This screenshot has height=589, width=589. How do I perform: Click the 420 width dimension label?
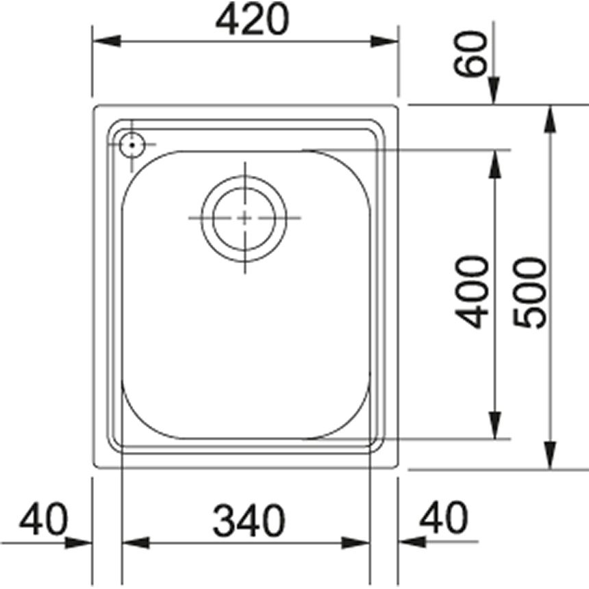pos(252,20)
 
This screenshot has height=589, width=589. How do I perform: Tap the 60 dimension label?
pos(470,54)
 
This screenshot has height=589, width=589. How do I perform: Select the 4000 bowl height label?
pos(472,292)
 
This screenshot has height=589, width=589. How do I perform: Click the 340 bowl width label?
pos(249,521)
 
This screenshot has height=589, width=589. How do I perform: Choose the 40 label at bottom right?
pos(444,518)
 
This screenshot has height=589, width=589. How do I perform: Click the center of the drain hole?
pos(245,218)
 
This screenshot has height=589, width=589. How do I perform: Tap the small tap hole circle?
pos(131,145)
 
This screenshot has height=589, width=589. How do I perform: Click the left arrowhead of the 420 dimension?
pos(107,41)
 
